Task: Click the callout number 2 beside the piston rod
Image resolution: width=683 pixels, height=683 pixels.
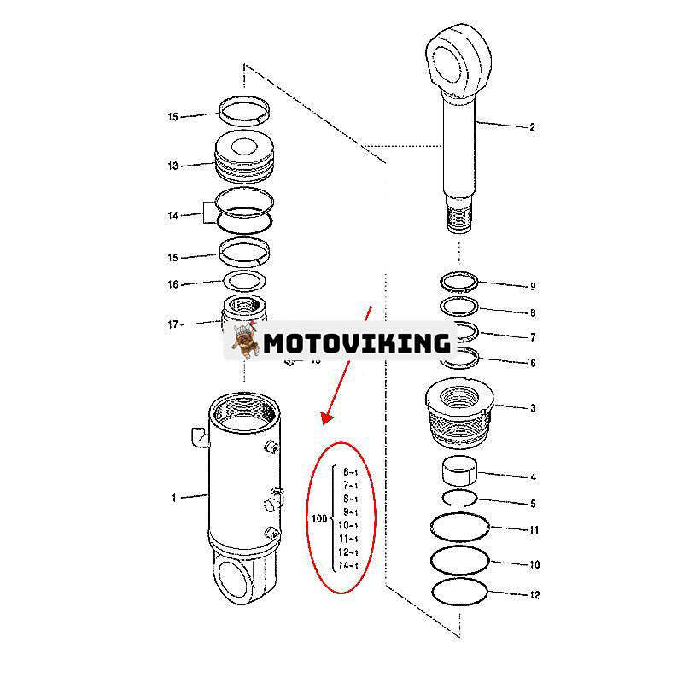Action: click(x=532, y=128)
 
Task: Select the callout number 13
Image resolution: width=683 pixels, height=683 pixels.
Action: click(x=172, y=166)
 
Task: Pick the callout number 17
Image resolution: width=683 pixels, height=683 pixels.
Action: click(x=172, y=324)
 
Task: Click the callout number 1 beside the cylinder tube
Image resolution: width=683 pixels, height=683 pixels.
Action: click(x=173, y=498)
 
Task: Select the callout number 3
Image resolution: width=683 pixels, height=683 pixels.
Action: click(x=533, y=408)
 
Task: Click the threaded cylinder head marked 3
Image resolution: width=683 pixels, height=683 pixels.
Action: click(x=461, y=413)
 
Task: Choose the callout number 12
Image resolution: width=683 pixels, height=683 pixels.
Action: click(x=534, y=595)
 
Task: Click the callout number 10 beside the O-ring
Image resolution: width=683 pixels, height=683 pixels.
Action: click(x=534, y=565)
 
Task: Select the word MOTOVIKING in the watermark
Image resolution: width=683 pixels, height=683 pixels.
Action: click(x=356, y=343)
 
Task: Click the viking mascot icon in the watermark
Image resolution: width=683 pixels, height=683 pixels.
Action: click(x=243, y=342)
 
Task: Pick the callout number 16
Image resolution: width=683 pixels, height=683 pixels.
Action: click(x=172, y=285)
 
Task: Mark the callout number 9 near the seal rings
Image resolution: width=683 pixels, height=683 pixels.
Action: click(x=533, y=287)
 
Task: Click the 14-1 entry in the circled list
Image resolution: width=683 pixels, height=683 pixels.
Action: click(x=348, y=565)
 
